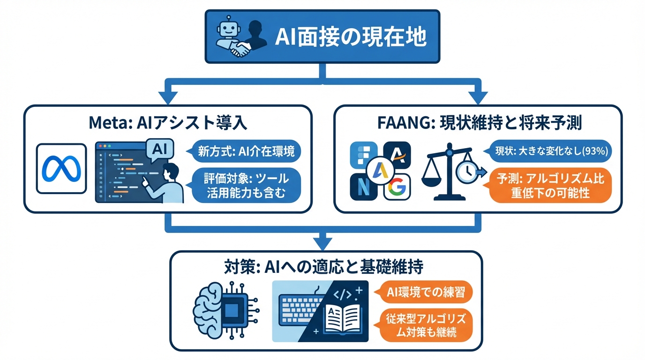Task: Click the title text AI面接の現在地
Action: [350, 37]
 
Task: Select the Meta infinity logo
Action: [61, 168]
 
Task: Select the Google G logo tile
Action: [397, 188]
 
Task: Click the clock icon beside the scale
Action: [467, 172]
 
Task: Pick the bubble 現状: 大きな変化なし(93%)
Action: [552, 151]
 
